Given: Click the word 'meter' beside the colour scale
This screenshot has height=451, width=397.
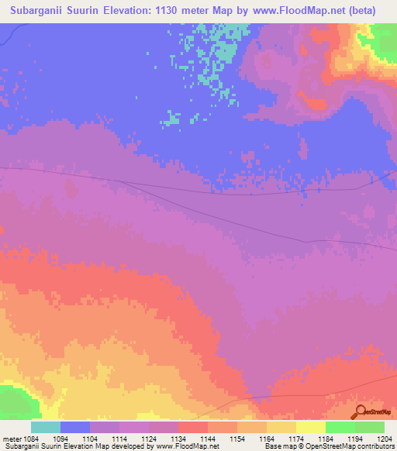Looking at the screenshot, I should pyautogui.click(x=13, y=437).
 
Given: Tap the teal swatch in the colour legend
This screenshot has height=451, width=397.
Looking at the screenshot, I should pyautogui.click(x=46, y=426).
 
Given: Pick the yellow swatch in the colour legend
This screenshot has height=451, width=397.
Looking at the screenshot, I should pyautogui.click(x=310, y=426).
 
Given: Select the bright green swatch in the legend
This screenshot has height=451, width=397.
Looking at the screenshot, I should pyautogui.click(x=340, y=426).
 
